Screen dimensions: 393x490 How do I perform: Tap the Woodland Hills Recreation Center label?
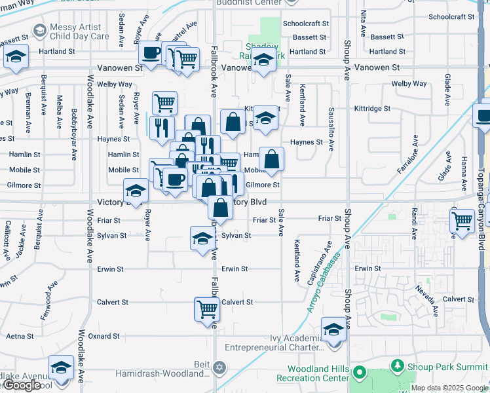click(x=313, y=373)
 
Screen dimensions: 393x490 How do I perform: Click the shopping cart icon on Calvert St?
click(x=207, y=308)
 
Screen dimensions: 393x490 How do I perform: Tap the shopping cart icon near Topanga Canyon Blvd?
click(x=462, y=221)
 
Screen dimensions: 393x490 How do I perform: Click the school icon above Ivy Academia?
click(x=333, y=329)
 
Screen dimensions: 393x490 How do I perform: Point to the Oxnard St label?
click(x=104, y=336)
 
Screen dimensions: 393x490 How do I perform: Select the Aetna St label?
click(x=19, y=336)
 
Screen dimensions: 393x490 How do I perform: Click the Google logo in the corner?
click(x=21, y=386)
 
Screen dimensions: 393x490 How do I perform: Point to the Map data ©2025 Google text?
click(x=450, y=388)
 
